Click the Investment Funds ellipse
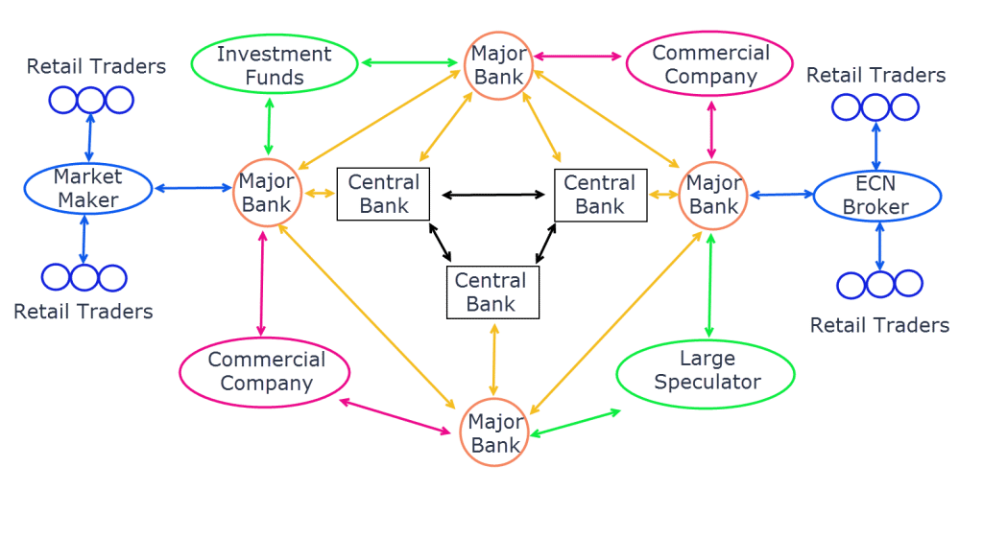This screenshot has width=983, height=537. pos(274,64)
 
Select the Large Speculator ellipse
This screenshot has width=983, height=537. pos(707,371)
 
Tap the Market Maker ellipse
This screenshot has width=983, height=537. pos(87,188)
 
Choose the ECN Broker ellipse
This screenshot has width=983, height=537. pos(876,195)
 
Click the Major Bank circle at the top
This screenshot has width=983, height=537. pos(498,65)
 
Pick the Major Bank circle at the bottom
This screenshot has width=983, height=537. pos(495,433)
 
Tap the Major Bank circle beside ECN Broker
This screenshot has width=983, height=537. pos(713,194)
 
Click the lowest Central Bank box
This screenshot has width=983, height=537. pos(492,292)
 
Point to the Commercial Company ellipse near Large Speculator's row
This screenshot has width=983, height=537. pos(253,372)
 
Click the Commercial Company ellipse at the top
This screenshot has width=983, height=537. pos(711,64)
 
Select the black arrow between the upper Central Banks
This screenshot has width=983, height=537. pos(492,196)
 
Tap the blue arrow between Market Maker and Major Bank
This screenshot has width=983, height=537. pos(193,188)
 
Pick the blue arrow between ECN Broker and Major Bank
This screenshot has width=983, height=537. pos(779,196)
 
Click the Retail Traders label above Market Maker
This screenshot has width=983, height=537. pos(96,66)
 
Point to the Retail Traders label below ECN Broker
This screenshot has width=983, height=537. pos(879,325)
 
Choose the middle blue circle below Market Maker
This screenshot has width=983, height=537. pos(84,277)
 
